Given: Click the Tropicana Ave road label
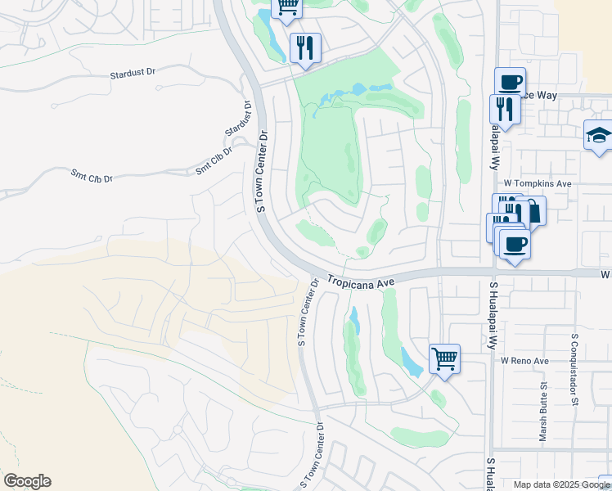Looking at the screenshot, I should pyautogui.click(x=361, y=281).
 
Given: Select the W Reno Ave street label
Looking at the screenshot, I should pyautogui.click(x=524, y=361).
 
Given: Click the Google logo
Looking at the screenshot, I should pyautogui.click(x=27, y=481).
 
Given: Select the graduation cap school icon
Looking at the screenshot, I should pyautogui.click(x=598, y=134).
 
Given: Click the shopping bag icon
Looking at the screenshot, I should pyautogui.click(x=533, y=211).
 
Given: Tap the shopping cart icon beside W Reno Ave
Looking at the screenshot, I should pyautogui.click(x=444, y=358).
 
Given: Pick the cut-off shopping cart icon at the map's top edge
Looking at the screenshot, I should pyautogui.click(x=286, y=7).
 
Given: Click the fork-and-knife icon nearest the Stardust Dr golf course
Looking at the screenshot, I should pyautogui.click(x=304, y=47).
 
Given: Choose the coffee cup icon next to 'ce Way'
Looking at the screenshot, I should pyautogui.click(x=510, y=82).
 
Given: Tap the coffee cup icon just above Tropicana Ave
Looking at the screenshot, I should pyautogui.click(x=515, y=244).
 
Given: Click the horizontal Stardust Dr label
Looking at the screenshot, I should pyautogui.click(x=133, y=74).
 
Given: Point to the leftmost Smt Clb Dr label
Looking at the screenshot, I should pyautogui.click(x=91, y=177).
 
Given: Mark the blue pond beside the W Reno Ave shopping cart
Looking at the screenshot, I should pyautogui.click(x=412, y=360).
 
